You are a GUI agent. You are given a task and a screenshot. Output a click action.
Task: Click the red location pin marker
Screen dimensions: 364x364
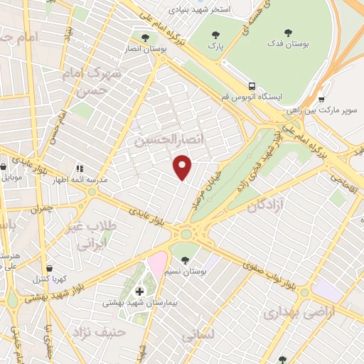click(x=183, y=167)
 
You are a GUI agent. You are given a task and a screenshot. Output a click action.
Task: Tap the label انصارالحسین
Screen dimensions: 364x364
click(x=162, y=141)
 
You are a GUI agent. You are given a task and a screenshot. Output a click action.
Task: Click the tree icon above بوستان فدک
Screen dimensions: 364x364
click(x=288, y=32)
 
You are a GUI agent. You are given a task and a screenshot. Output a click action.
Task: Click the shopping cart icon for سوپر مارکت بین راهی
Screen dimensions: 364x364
click(x=321, y=100)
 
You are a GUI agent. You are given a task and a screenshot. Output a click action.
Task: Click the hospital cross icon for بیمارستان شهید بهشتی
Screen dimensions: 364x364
click(x=139, y=291)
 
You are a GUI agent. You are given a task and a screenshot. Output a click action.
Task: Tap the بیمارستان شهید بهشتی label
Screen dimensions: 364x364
click(x=139, y=303)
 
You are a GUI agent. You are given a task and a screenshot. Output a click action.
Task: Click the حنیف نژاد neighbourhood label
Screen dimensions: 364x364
click(x=97, y=331)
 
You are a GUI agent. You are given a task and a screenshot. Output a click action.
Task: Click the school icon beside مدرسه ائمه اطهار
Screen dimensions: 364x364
click(x=80, y=168)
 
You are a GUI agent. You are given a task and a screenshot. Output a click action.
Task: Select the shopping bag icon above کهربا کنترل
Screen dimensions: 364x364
click(x=48, y=267)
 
